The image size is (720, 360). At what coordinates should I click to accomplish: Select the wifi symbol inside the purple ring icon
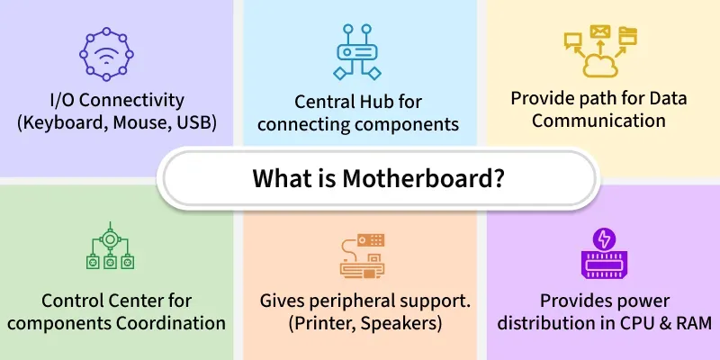click(107, 55)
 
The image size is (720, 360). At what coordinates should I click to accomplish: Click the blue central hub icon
click(358, 51)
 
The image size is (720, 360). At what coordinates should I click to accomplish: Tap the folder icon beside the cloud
click(628, 36)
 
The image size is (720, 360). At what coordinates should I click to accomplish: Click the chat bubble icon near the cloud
click(571, 40)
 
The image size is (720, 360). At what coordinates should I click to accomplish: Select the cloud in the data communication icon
click(599, 65)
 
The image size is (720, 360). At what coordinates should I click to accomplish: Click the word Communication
click(599, 120)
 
